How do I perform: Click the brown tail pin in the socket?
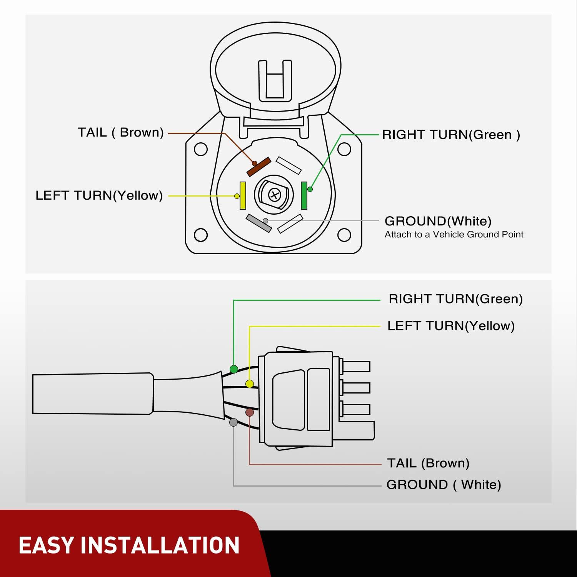tap(259, 167)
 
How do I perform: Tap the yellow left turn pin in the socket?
tap(243, 195)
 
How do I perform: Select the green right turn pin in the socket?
tap(304, 195)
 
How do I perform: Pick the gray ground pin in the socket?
tap(259, 223)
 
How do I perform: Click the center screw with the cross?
tap(274, 195)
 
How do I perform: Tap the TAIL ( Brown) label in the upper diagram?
tap(120, 132)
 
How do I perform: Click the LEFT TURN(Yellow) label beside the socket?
tap(99, 195)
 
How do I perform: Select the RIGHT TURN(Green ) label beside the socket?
tap(451, 135)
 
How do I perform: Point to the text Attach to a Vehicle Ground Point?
tap(454, 234)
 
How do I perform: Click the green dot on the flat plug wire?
tap(233, 369)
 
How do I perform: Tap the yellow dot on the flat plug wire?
tap(250, 384)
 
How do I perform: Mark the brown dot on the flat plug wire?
tap(250, 412)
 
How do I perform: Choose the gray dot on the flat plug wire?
tap(233, 422)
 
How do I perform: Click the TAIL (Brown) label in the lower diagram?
tap(428, 463)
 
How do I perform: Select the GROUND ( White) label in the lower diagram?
tap(444, 485)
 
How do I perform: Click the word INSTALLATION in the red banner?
tap(160, 545)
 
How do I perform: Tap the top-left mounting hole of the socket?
tap(201, 149)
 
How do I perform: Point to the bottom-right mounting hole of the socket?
tap(344, 235)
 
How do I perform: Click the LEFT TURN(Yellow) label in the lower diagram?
tap(451, 326)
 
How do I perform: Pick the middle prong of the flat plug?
tap(356, 387)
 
